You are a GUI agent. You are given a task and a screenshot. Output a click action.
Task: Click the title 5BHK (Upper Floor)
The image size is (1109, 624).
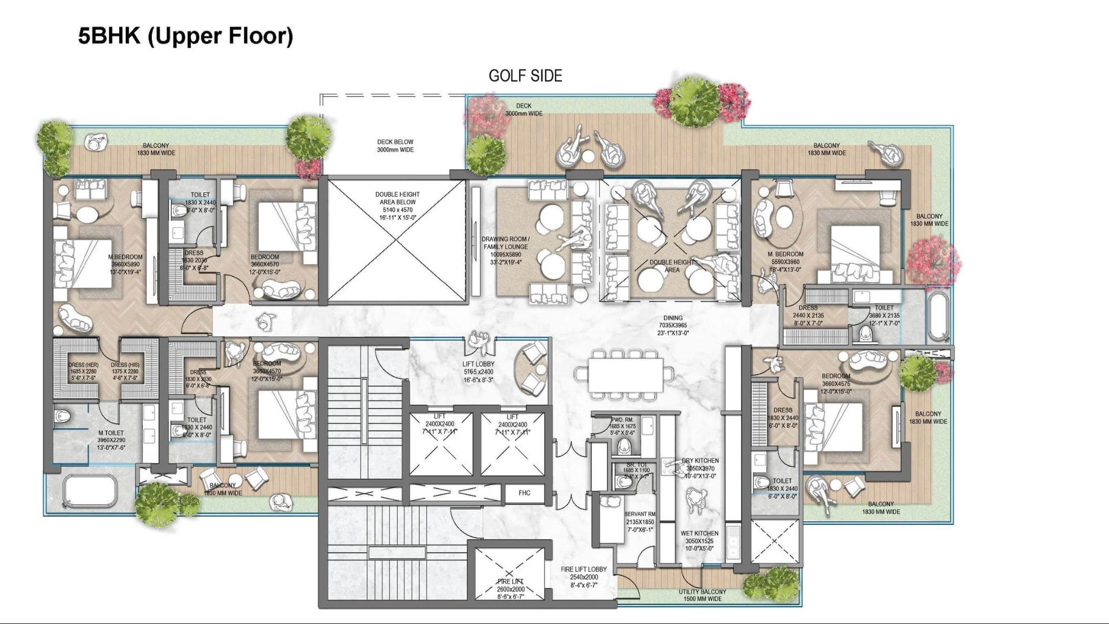click(x=186, y=36)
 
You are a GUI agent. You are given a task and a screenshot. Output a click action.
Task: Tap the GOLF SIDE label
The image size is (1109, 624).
click(x=525, y=76)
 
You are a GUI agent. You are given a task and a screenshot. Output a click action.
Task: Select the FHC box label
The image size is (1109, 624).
click(x=524, y=493)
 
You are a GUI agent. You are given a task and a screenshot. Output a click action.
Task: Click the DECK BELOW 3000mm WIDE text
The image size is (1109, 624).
click(x=395, y=146)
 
